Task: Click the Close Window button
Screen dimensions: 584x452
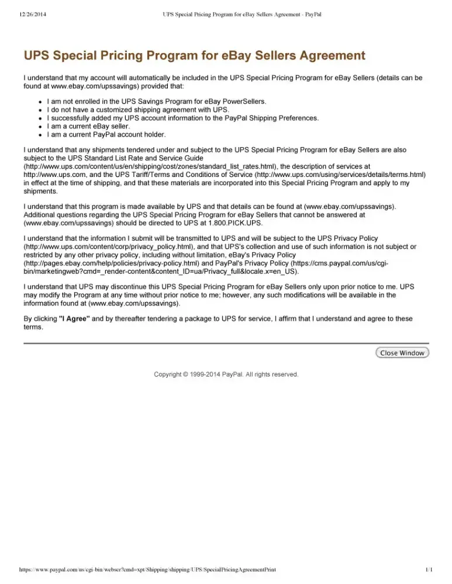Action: point(402,353)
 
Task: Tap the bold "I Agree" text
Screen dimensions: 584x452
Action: point(74,319)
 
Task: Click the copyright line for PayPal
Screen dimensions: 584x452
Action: point(226,374)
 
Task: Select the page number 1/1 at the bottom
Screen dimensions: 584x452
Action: point(429,568)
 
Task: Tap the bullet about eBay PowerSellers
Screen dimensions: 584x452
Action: point(156,101)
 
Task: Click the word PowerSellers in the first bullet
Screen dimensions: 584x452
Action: point(239,101)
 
